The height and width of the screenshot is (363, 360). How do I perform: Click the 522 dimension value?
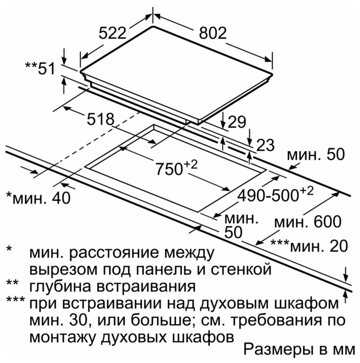[112, 33]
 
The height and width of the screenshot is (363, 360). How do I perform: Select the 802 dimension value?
[213, 33]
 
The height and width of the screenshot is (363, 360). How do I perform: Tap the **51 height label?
[40, 68]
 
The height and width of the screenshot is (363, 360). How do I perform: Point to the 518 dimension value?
[101, 119]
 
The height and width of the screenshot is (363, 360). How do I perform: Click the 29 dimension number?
[237, 122]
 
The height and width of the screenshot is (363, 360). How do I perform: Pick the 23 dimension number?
[266, 145]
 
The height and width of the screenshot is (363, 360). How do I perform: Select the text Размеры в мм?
[299, 350]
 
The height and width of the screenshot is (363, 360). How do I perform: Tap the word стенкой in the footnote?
[241, 269]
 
